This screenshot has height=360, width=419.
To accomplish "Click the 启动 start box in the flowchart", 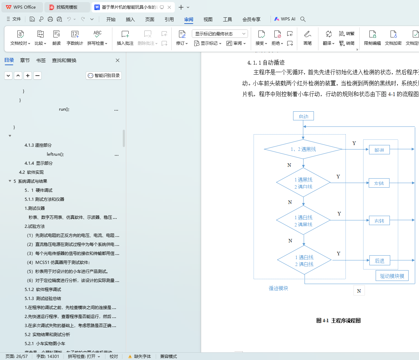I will click(x=303, y=116).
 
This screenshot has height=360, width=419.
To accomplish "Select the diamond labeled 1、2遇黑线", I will click(x=303, y=149).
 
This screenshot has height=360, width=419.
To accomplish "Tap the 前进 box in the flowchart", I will click(x=379, y=150).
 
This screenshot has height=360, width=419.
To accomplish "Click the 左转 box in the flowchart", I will click(x=379, y=183).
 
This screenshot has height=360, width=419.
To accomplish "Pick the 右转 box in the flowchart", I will click(x=379, y=221).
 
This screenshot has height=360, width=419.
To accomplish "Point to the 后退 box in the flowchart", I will click(x=379, y=260).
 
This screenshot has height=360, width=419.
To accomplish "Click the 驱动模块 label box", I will click(x=392, y=276).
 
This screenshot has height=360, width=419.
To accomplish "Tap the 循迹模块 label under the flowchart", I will click(x=278, y=288).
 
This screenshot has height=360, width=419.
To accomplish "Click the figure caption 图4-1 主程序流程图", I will click(x=338, y=320).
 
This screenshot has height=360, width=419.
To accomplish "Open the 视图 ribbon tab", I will click(x=208, y=19).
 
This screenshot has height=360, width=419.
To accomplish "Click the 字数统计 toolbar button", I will click(x=75, y=38).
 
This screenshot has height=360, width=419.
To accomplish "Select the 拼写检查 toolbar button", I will click(x=97, y=38).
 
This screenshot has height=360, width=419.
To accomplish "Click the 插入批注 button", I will click(x=125, y=38).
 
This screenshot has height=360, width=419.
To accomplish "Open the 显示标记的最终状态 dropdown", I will click(x=220, y=34).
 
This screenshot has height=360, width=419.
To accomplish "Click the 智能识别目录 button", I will click(x=104, y=76).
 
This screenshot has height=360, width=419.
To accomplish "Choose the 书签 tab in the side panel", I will click(x=41, y=60).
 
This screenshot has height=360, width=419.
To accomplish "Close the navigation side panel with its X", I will click(x=118, y=60).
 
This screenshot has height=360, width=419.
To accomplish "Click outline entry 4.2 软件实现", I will click(x=31, y=172).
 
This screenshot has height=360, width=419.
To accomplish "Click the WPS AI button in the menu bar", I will click(x=285, y=19).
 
